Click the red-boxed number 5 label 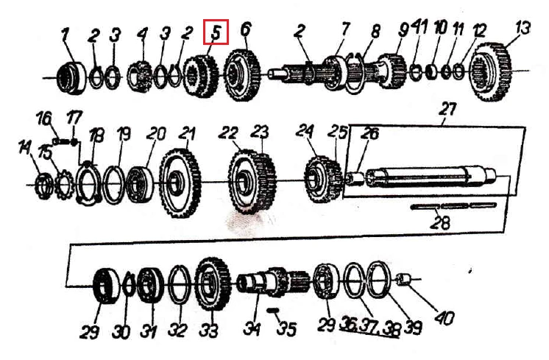pyautogui.click(x=216, y=32)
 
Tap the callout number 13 pyautogui.click(x=523, y=28)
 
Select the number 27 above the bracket pyautogui.click(x=447, y=110)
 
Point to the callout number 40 pyautogui.click(x=444, y=317)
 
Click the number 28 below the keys pyautogui.click(x=440, y=223)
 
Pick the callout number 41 pyautogui.click(x=419, y=27)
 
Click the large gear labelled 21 pyautogui.click(x=180, y=183)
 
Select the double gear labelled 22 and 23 pyautogui.click(x=252, y=181)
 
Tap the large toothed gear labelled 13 pyautogui.click(x=490, y=72)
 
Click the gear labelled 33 pyautogui.click(x=213, y=283)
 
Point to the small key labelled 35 pyautogui.click(x=272, y=310)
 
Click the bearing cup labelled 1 pyautogui.click(x=71, y=78)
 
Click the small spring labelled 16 pyautogui.click(x=61, y=141)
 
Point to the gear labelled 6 pyautogui.click(x=242, y=75)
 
